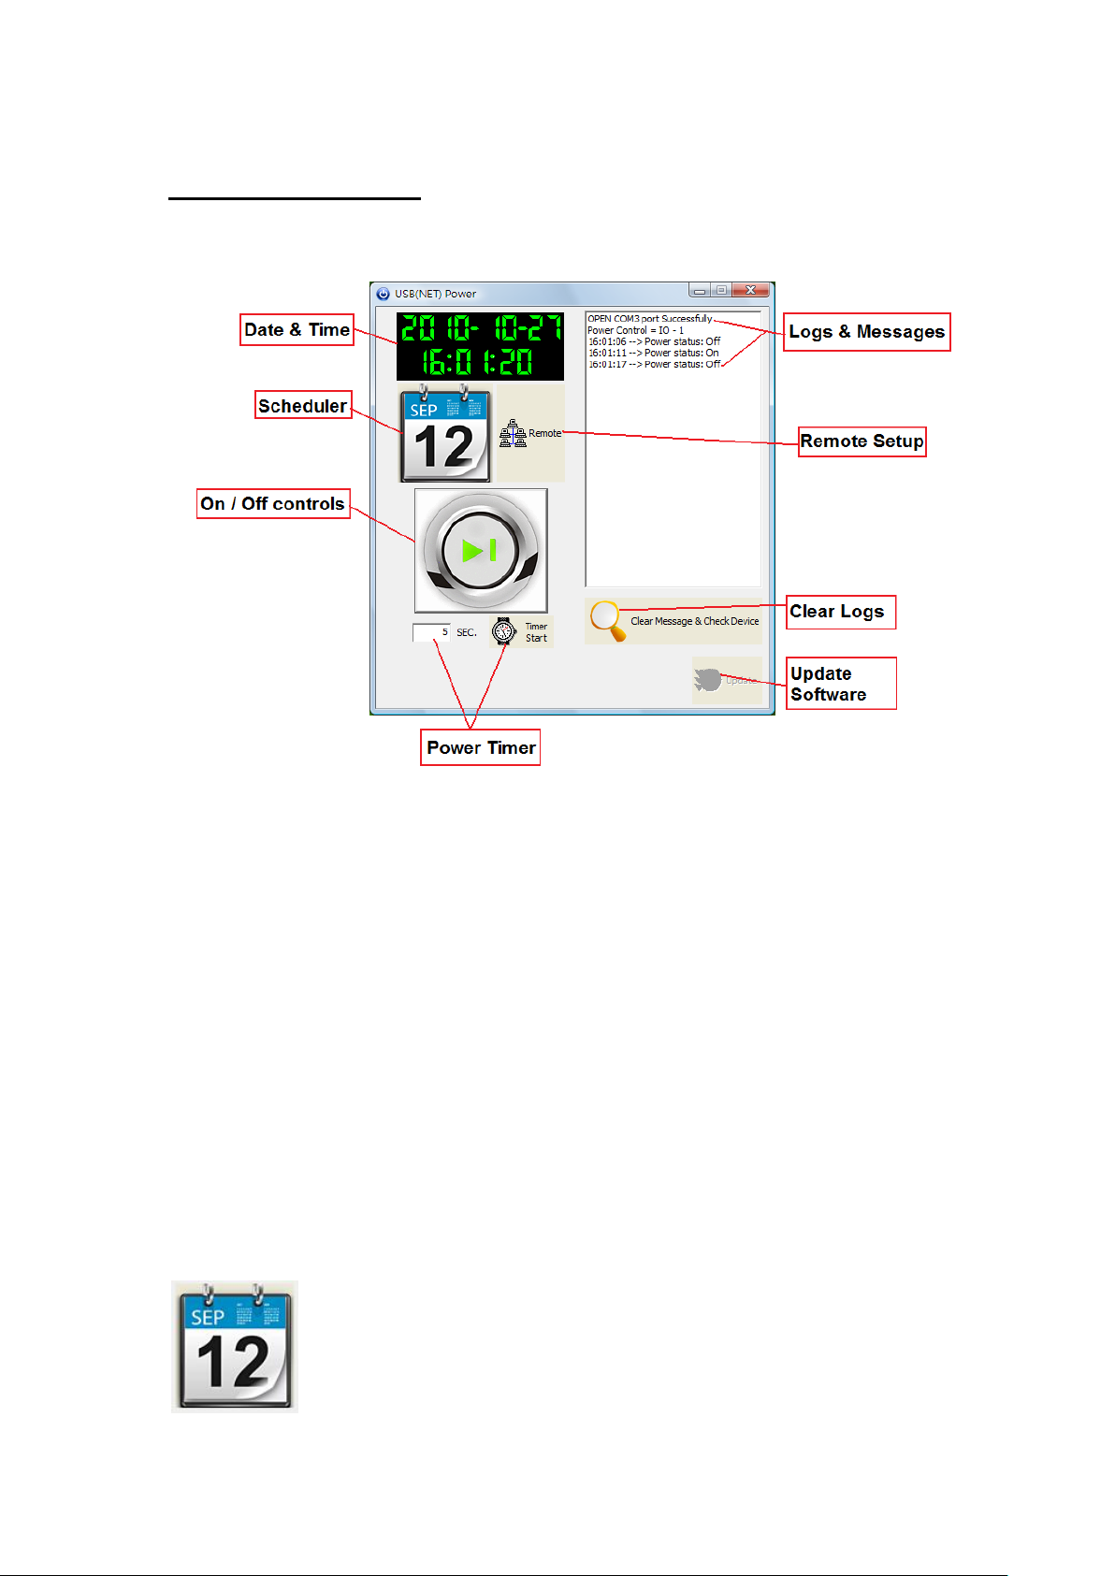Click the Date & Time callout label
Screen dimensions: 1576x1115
pos(297,330)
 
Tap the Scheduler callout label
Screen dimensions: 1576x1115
pos(303,405)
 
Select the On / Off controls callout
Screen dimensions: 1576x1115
pos(273,503)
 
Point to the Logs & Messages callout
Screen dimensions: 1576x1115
pos(866,332)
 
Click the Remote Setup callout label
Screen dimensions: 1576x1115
pos(862,441)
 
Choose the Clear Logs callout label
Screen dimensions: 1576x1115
pos(840,612)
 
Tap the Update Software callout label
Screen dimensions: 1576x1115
pos(840,684)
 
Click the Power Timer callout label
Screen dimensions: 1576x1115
pos(480,747)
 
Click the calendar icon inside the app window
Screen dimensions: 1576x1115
pos(445,436)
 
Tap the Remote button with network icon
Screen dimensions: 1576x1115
pos(531,434)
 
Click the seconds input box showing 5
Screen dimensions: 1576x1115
pos(432,632)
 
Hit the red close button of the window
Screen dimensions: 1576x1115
pos(751,291)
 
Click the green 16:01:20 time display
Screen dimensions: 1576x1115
pos(478,361)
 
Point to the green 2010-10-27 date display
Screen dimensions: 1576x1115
pos(480,327)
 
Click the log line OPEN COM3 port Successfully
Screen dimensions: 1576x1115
pos(650,319)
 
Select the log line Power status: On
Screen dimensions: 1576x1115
pos(654,353)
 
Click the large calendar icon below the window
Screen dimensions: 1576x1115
pos(235,1346)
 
